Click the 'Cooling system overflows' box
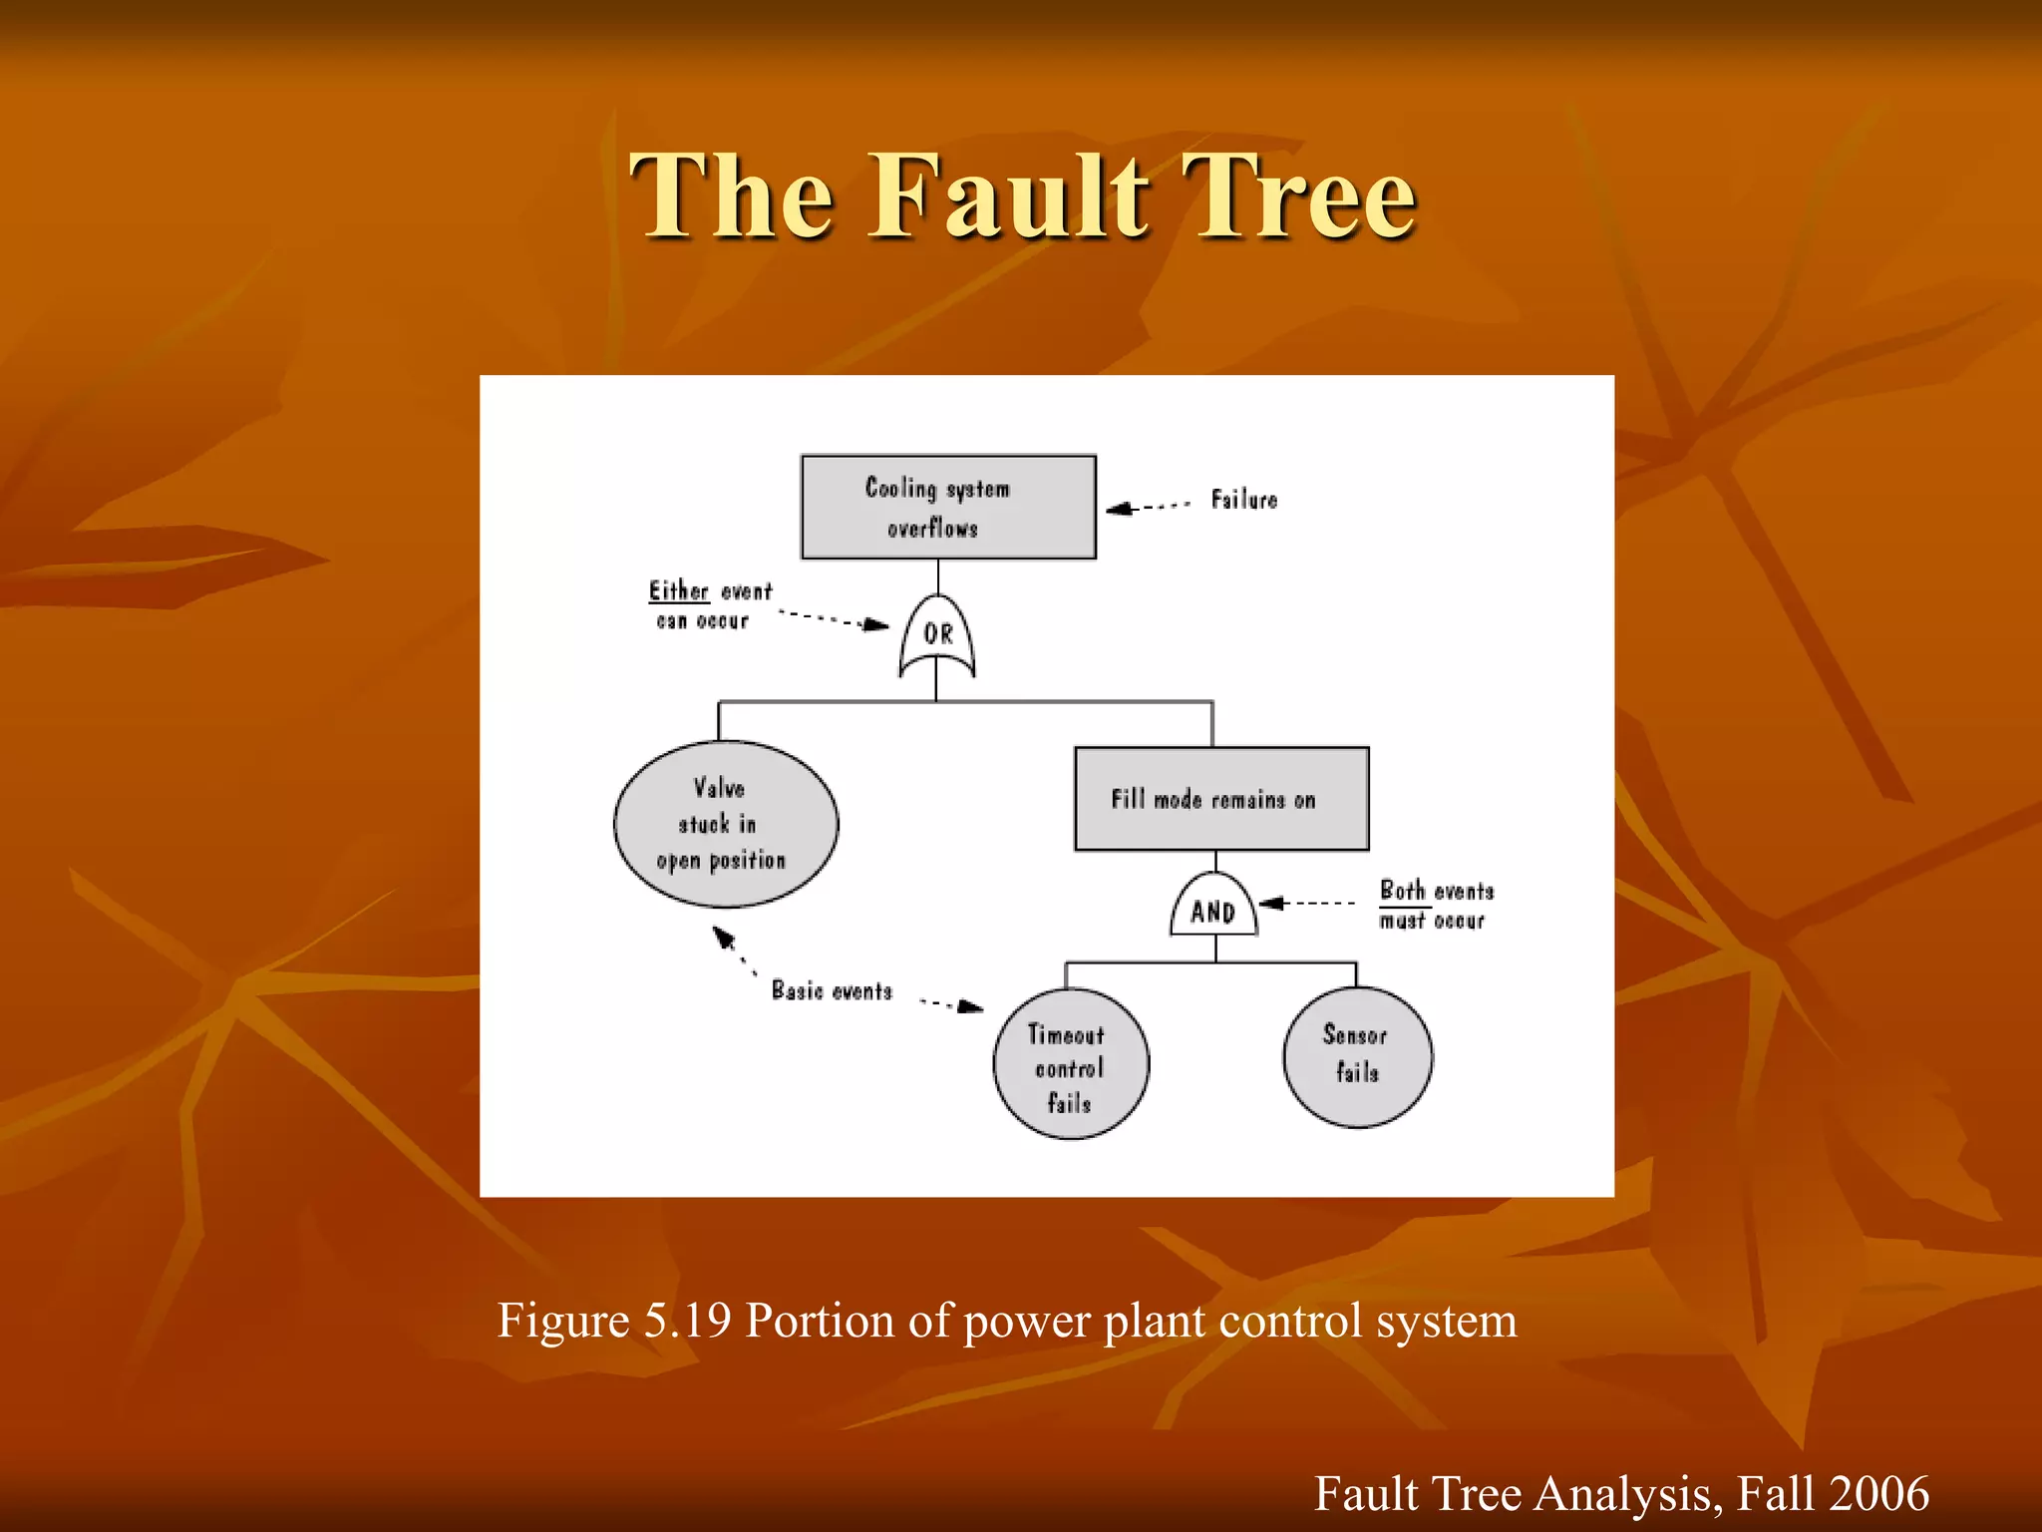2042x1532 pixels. point(948,507)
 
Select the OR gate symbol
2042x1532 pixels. point(937,635)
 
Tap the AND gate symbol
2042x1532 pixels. point(1213,906)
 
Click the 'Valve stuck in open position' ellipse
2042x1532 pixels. point(725,824)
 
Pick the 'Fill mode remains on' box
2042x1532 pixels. point(1220,799)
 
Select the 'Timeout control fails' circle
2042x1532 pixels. point(1070,1064)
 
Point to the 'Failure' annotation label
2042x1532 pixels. point(1243,500)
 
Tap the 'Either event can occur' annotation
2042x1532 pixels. point(709,605)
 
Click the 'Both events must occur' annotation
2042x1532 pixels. point(1436,905)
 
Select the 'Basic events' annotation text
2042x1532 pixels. point(832,990)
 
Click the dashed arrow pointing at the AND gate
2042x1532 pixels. point(1306,904)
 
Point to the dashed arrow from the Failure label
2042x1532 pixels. point(1148,507)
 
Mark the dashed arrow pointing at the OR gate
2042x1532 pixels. point(834,619)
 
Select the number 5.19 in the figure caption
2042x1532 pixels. point(688,1321)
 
